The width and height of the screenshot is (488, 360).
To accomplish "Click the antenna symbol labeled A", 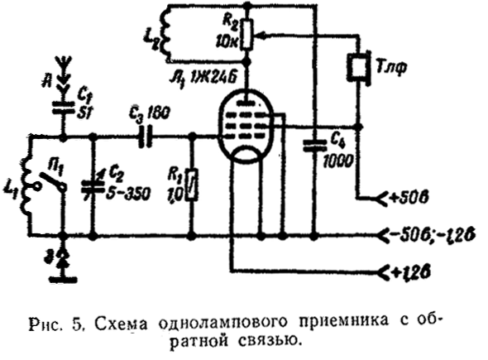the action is tap(63, 74).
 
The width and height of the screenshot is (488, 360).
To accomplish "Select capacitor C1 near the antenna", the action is tap(63, 108).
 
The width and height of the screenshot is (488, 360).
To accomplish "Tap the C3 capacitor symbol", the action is tap(145, 137).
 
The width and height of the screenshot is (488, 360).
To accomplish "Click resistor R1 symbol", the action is tap(191, 185).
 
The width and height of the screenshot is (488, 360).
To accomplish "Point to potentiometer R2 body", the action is tap(246, 35).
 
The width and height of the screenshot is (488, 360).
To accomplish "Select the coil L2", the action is tap(165, 32).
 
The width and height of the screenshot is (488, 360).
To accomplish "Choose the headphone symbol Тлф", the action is tap(359, 67).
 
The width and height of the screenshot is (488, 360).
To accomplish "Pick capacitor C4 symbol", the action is tap(314, 146).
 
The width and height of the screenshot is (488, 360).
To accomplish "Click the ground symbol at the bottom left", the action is tap(63, 270).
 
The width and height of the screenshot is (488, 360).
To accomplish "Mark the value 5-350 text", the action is tap(127, 194).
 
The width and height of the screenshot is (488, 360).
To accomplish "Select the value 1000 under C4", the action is tap(338, 161).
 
